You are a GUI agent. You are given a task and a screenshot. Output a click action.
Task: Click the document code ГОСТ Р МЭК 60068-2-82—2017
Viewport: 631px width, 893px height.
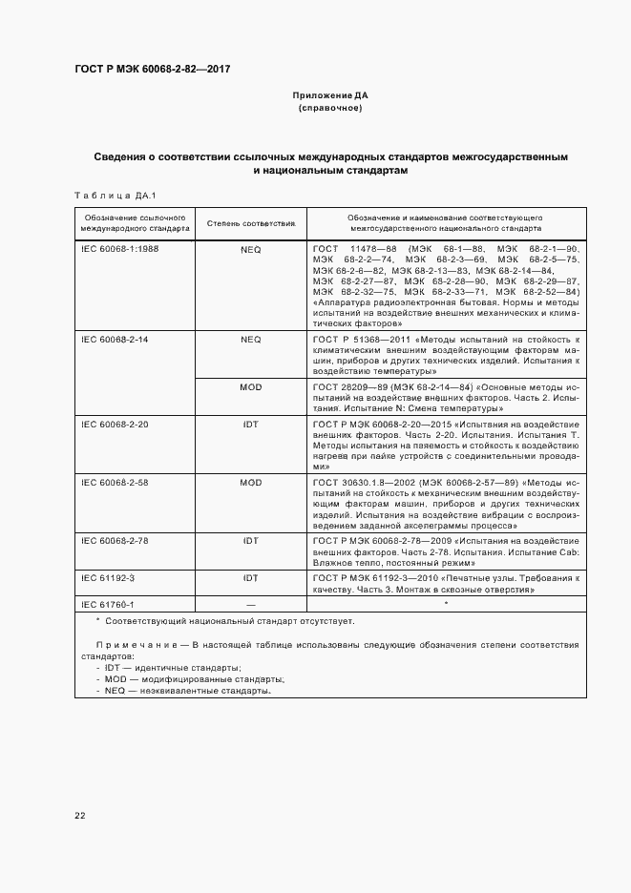pyautogui.click(x=152, y=69)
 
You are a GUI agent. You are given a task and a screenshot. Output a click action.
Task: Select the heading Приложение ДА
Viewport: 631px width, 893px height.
pyautogui.click(x=330, y=96)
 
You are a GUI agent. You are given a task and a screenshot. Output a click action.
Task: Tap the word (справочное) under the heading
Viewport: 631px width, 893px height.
pyautogui.click(x=330, y=109)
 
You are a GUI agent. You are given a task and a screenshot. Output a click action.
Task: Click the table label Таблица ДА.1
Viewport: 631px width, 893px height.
pyautogui.click(x=107, y=196)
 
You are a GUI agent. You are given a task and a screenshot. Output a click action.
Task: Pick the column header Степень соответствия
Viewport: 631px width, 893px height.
pyautogui.click(x=250, y=224)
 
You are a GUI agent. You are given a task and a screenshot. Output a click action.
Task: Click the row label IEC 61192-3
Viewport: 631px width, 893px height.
pyautogui.click(x=108, y=578)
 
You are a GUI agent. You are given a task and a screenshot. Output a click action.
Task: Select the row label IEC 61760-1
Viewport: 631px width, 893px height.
pyautogui.click(x=108, y=604)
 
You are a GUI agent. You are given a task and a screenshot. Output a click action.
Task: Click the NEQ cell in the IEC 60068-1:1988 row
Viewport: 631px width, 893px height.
pyautogui.click(x=250, y=248)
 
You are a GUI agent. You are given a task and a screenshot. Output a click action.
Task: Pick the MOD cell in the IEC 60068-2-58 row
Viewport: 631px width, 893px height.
pyautogui.click(x=250, y=484)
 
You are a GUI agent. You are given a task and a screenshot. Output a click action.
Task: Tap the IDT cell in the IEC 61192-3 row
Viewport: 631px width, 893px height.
pyautogui.click(x=250, y=578)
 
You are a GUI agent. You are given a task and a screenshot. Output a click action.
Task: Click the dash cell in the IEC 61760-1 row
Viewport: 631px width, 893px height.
pyautogui.click(x=250, y=604)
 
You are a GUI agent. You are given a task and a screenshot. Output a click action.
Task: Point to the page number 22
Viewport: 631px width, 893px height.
pyautogui.click(x=80, y=815)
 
